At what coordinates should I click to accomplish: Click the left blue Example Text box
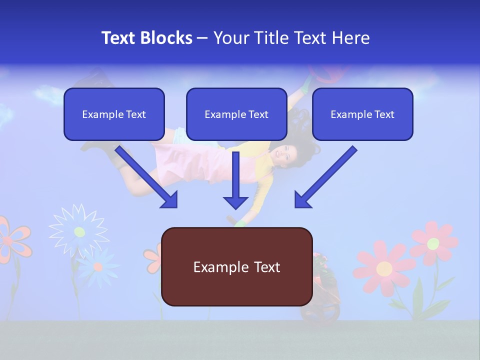pyautogui.click(x=114, y=114)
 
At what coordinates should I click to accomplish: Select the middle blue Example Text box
pyautogui.click(x=236, y=114)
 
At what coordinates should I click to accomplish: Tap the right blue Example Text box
pyautogui.click(x=362, y=114)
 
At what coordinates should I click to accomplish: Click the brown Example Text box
pyautogui.click(x=236, y=266)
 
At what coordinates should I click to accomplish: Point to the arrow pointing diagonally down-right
pyautogui.click(x=147, y=177)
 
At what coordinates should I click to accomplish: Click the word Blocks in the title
pyautogui.click(x=167, y=38)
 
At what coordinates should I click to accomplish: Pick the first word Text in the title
pyautogui.click(x=120, y=38)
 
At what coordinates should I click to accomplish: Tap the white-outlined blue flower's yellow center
pyautogui.click(x=79, y=231)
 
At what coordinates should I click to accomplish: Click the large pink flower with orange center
pyautogui.click(x=384, y=268)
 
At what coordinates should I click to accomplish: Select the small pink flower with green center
pyautogui.click(x=433, y=243)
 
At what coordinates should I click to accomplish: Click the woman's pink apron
pyautogui.click(x=200, y=162)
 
